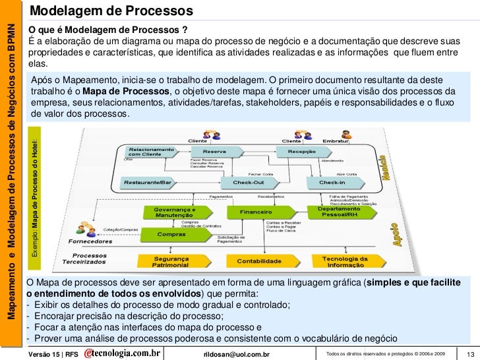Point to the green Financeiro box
(258, 213)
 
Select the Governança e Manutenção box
(172, 212)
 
